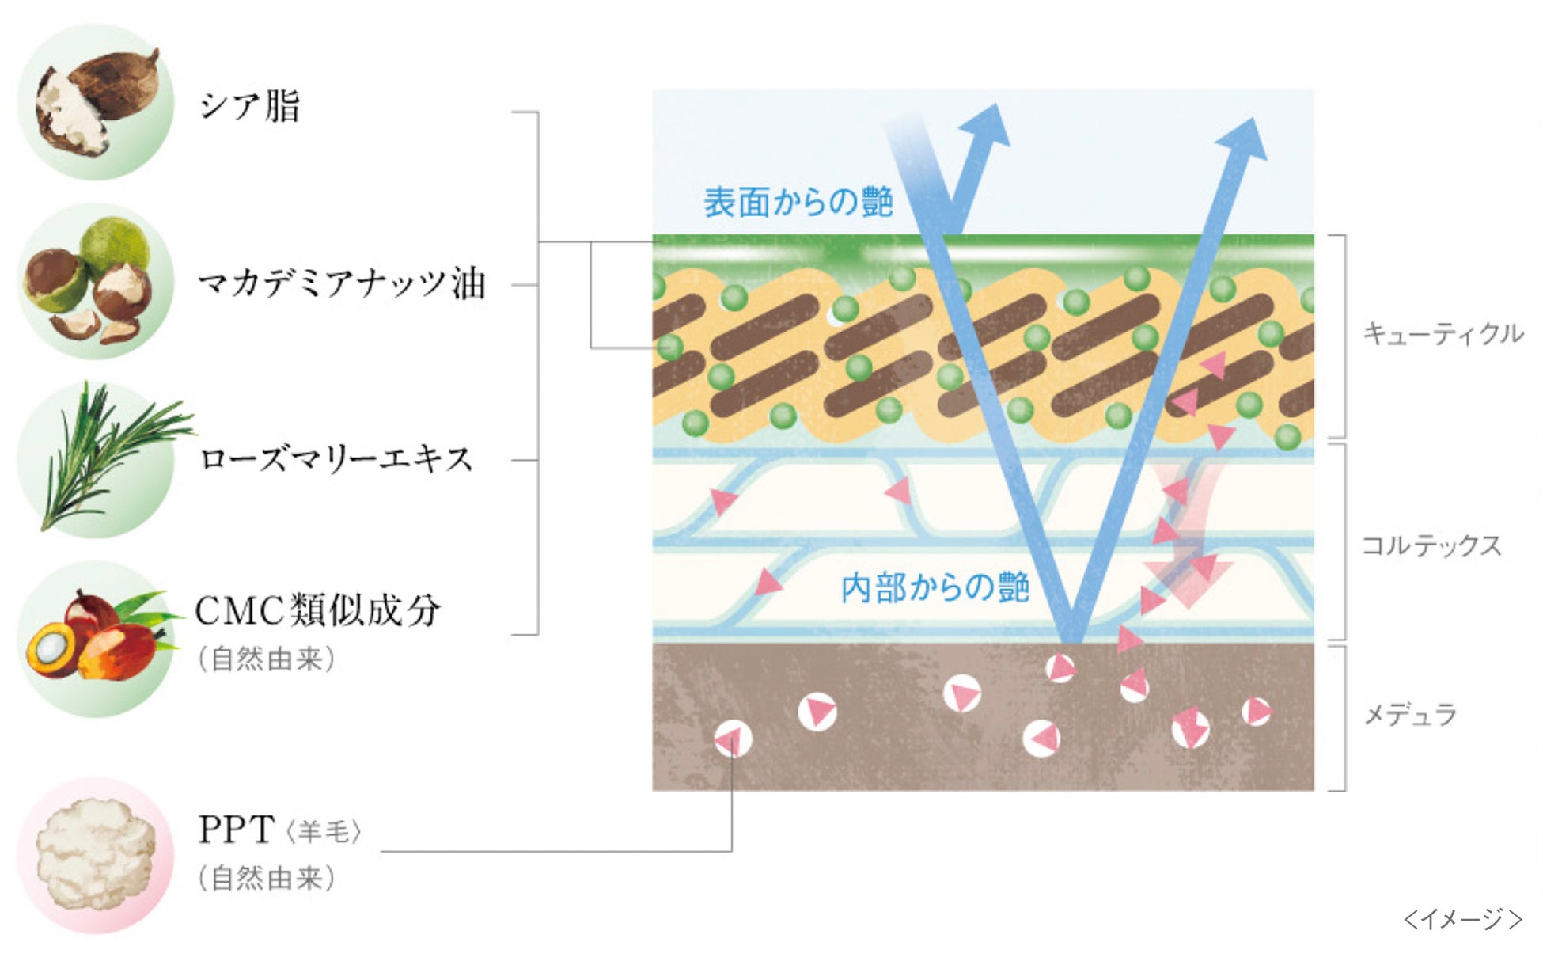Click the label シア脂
[x=249, y=106]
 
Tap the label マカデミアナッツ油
[x=341, y=283]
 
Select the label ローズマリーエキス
[x=336, y=459]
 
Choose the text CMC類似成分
[x=317, y=610]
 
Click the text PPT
[x=236, y=830]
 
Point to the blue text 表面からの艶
[x=798, y=203]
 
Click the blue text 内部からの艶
[x=935, y=587]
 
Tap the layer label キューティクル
[x=1443, y=334]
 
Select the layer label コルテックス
[x=1431, y=545]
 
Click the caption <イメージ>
[x=1462, y=919]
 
